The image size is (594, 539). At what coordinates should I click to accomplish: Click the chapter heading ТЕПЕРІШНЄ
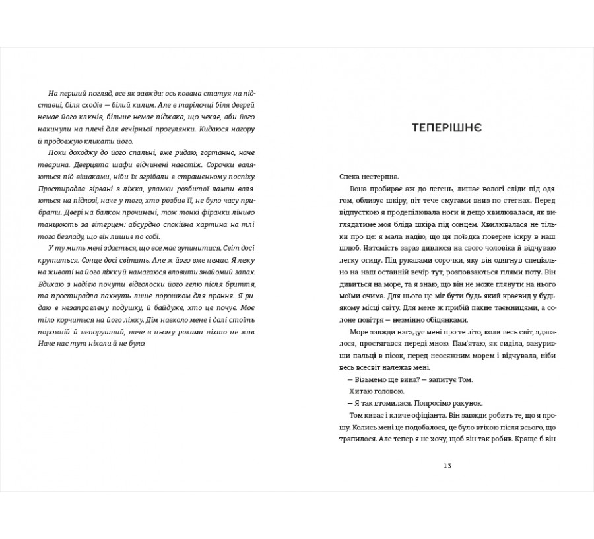(x=446, y=127)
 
